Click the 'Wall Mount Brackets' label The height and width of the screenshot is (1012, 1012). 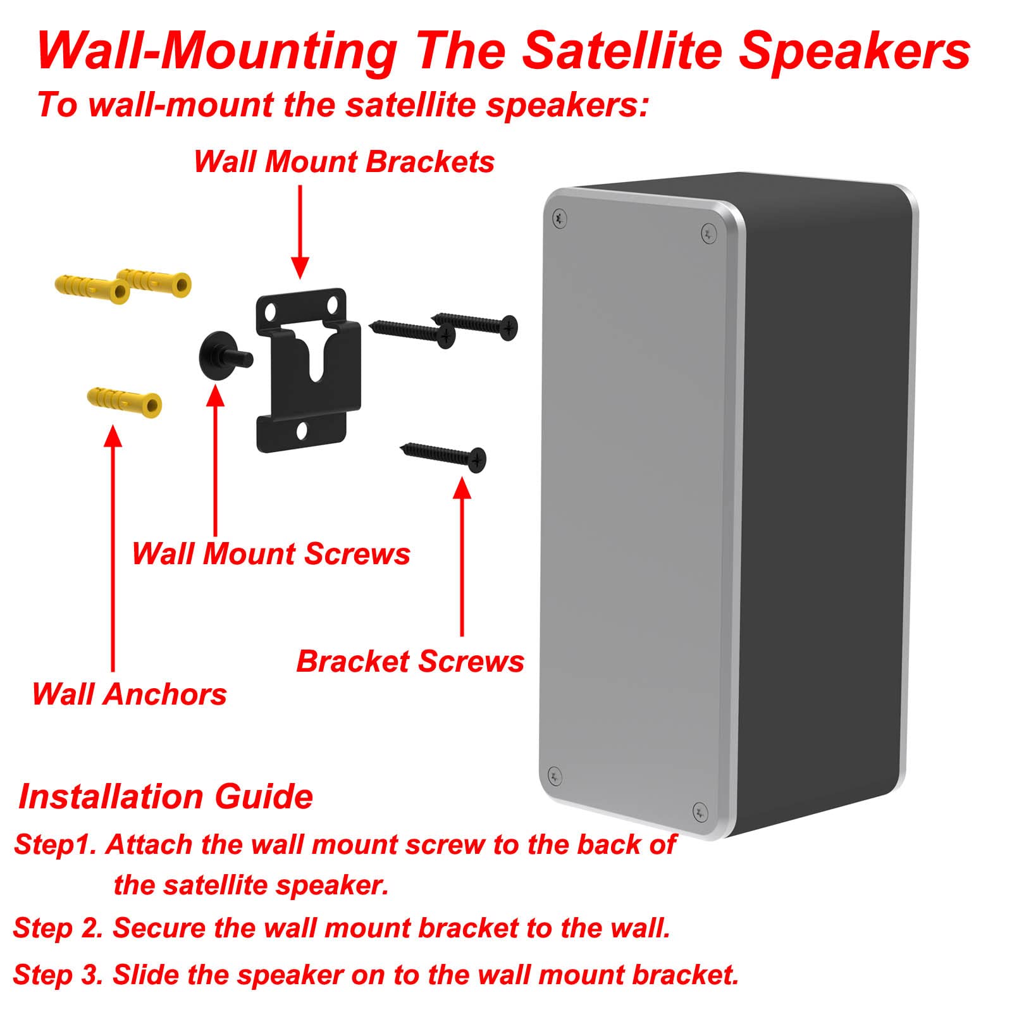point(343,162)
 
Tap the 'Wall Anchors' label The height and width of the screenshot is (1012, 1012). point(129,694)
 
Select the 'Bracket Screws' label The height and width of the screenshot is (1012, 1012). point(410,662)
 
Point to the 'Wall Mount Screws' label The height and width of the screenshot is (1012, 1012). point(271,554)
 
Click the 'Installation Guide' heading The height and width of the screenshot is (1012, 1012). point(166,796)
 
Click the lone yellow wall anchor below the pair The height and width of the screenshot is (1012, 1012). point(125,400)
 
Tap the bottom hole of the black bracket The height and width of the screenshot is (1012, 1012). point(302,431)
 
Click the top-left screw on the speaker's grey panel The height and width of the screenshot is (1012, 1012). point(559,218)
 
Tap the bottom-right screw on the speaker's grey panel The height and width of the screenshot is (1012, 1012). point(700,811)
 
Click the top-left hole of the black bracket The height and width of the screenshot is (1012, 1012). point(270,312)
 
